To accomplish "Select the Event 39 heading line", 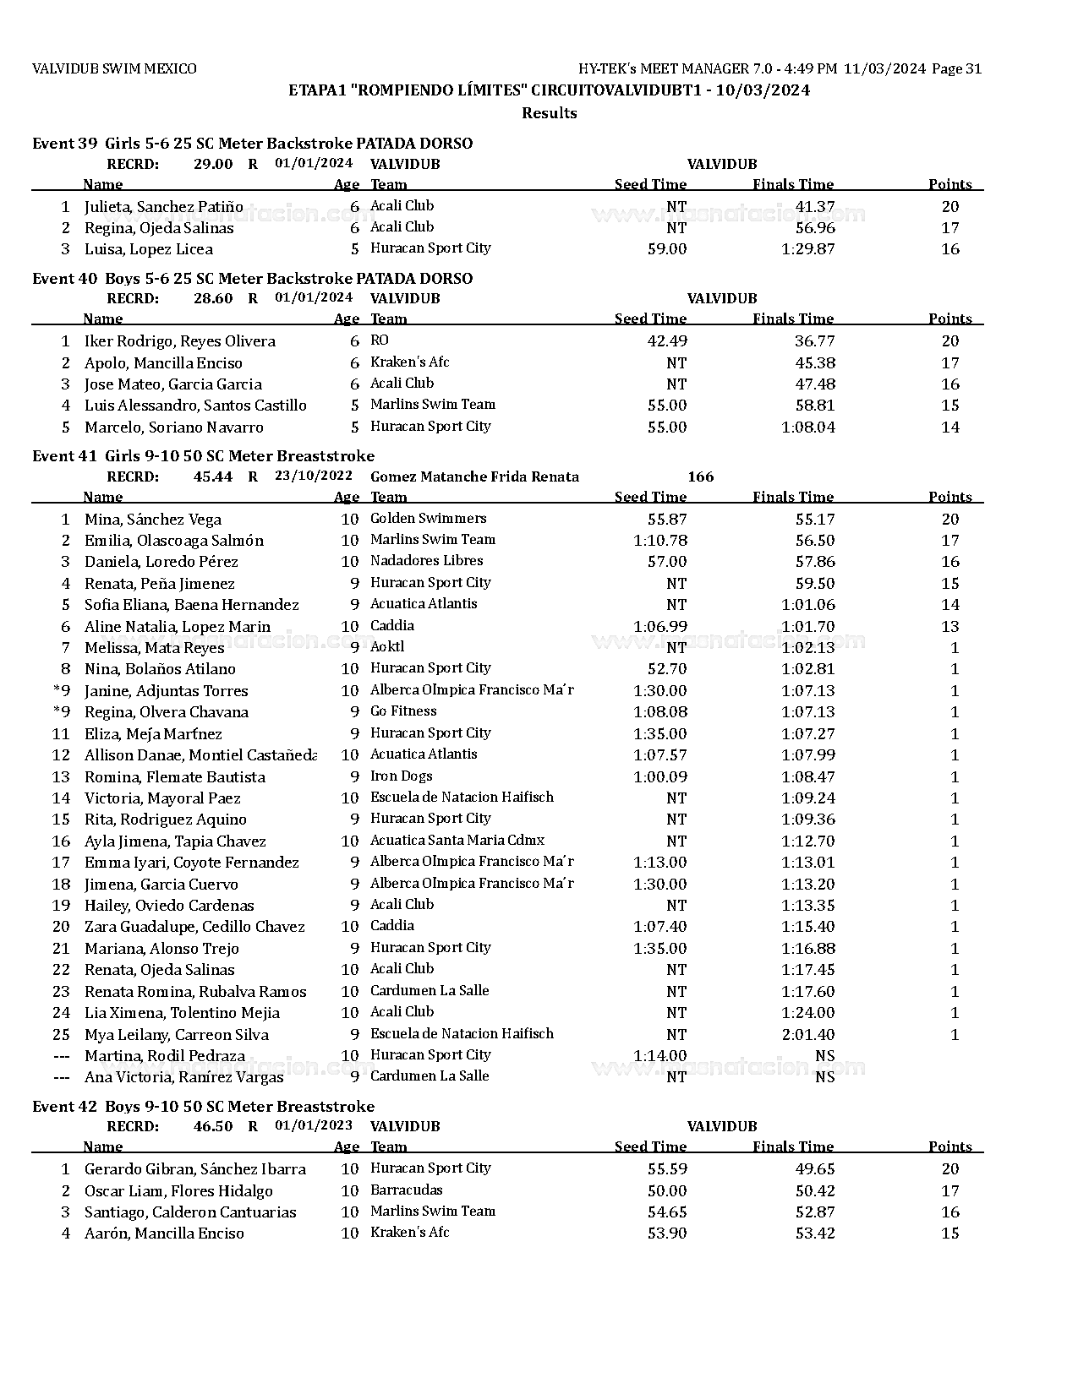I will (252, 144).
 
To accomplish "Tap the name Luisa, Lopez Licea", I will (149, 249).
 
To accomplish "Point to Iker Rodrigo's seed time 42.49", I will (666, 341).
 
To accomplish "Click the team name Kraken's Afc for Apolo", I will (409, 362).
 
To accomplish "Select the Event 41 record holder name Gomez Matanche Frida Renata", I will (474, 476).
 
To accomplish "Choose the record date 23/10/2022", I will (314, 476).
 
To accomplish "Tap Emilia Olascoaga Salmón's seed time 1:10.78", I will (659, 541).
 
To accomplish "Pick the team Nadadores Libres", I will (426, 561).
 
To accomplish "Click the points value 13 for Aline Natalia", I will (949, 627).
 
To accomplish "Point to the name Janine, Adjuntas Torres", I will (166, 691).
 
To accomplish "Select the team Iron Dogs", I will (401, 776).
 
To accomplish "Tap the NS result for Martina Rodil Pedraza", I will (824, 1056).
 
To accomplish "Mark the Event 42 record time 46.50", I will (212, 1127).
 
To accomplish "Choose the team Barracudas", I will (406, 1190).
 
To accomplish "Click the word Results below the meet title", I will (549, 113).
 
